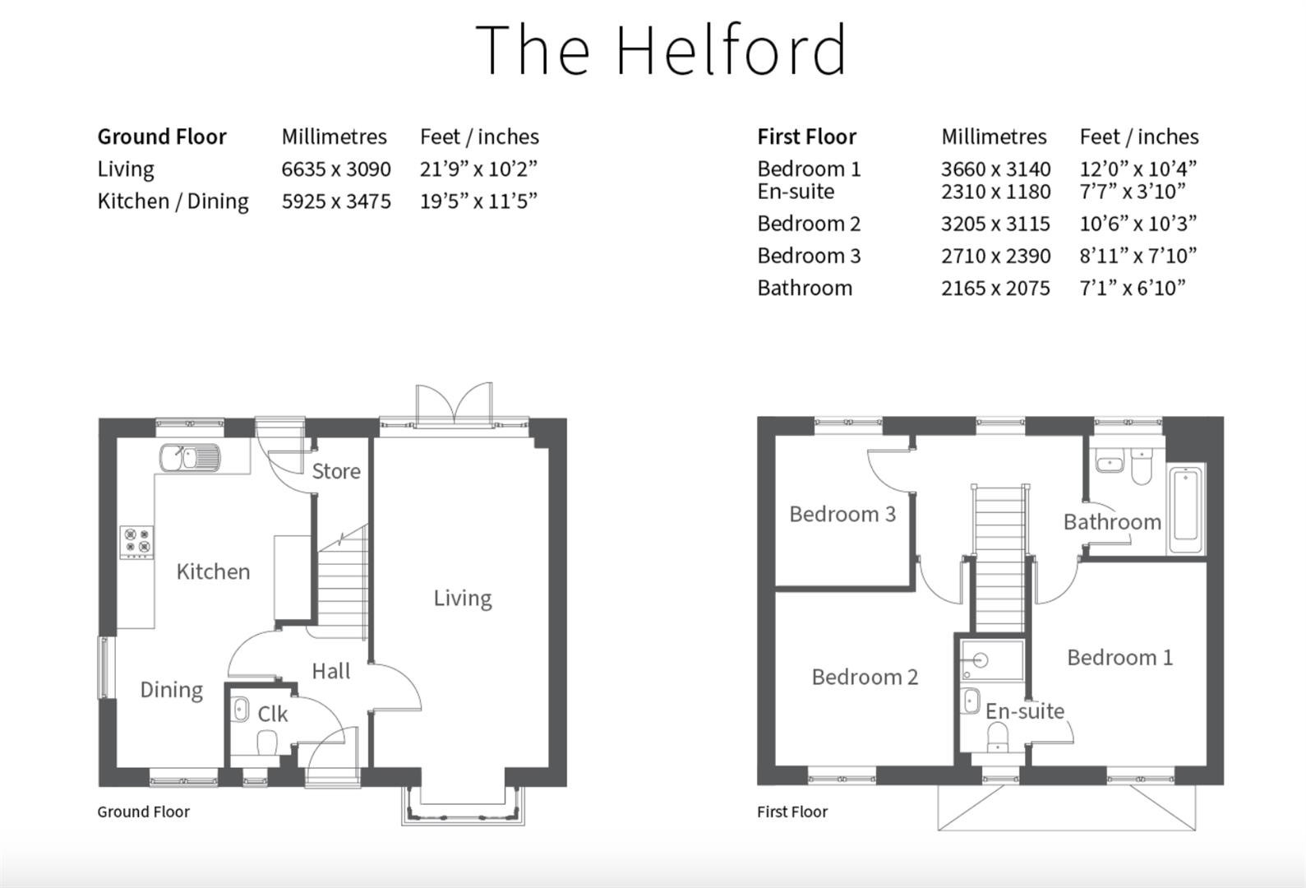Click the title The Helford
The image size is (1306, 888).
pos(661,49)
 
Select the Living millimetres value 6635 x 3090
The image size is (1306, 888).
pos(335,169)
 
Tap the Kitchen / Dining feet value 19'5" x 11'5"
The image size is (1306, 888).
pos(478,201)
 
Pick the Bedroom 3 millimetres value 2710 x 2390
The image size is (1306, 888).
pos(995,256)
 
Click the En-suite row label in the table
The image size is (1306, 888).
pos(795,192)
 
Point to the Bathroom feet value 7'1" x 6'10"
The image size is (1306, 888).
pos(1132,288)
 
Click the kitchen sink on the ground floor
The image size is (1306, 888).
pos(190,457)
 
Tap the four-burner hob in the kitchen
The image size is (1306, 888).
pos(137,542)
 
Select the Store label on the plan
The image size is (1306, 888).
pos(335,471)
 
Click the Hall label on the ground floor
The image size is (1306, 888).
pos(330,671)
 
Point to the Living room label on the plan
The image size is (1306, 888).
pos(462,598)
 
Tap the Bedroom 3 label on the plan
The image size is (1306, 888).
pos(842,514)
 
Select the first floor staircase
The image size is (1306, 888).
pos(999,559)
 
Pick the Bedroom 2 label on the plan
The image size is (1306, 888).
pos(864,677)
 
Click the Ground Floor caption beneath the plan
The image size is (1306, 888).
pos(143,812)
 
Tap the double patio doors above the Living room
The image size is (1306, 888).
pos(454,404)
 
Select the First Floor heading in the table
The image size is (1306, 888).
pos(805,136)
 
